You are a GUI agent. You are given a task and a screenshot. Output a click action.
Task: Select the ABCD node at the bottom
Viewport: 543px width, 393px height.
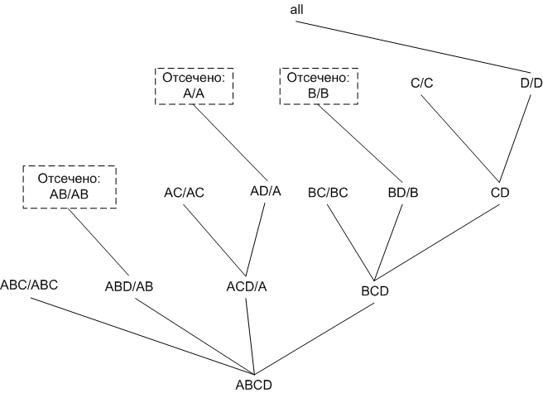pyautogui.click(x=254, y=384)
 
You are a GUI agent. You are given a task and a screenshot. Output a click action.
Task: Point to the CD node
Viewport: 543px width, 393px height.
pyautogui.click(x=499, y=193)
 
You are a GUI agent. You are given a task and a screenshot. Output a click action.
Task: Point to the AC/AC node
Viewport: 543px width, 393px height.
pyautogui.click(x=184, y=193)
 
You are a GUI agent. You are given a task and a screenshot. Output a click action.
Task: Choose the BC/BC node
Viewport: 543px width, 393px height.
pyautogui.click(x=327, y=193)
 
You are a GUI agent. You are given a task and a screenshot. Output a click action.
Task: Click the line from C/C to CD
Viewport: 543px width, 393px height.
pyautogui.click(x=459, y=137)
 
